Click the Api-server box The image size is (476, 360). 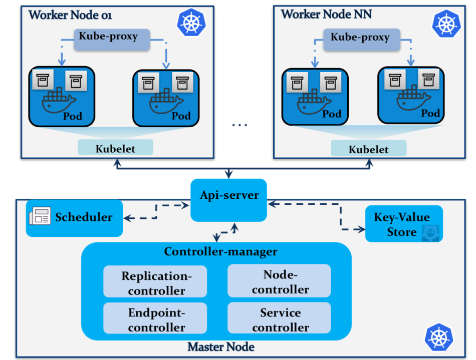(228, 200)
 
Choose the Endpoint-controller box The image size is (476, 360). (155, 319)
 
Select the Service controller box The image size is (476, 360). (279, 319)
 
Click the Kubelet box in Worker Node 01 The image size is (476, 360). (115, 148)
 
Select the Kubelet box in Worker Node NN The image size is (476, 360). (368, 148)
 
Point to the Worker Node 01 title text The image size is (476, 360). (70, 15)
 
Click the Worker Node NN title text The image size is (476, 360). (326, 14)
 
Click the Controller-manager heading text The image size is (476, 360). (220, 251)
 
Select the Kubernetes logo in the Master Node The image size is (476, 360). (438, 337)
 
